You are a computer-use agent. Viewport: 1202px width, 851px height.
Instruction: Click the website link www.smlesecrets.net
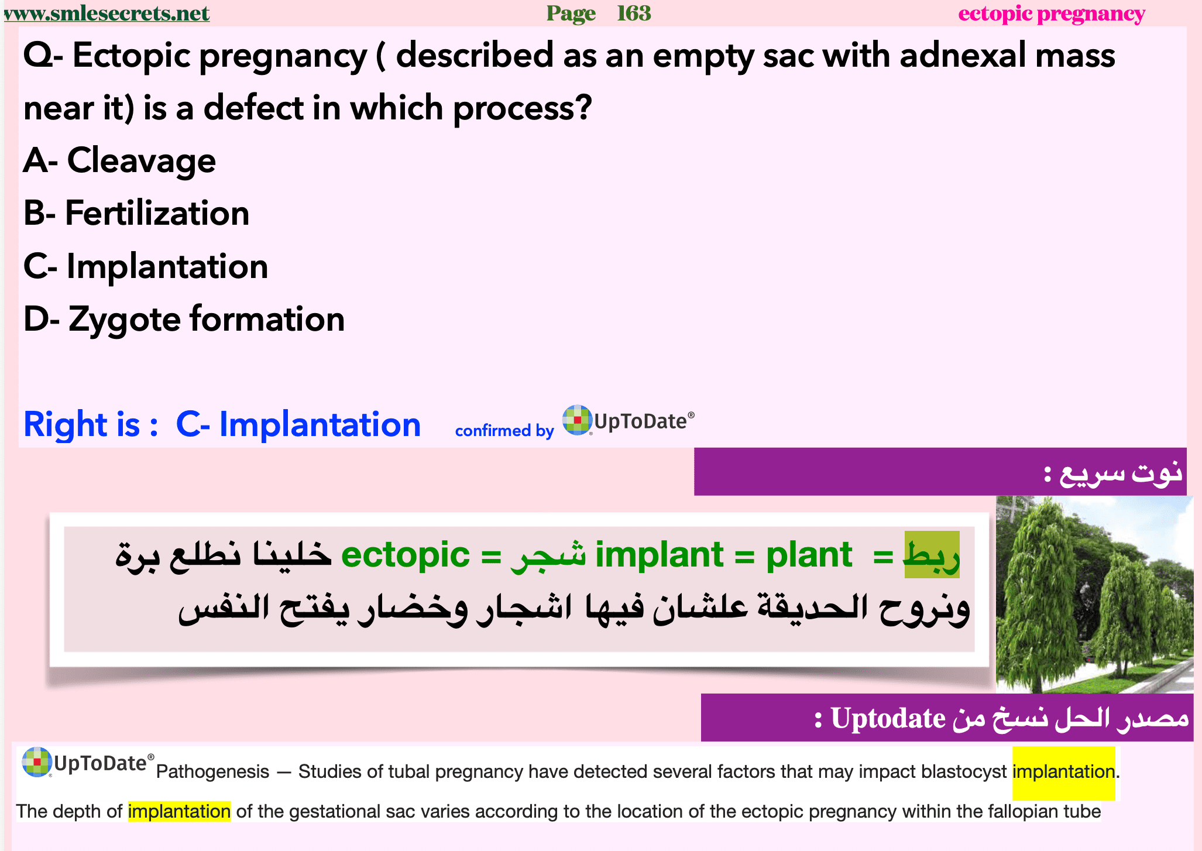tap(106, 13)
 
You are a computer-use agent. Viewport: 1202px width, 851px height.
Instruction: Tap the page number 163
tap(634, 13)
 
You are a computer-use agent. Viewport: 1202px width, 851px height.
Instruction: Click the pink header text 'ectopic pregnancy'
tap(1052, 13)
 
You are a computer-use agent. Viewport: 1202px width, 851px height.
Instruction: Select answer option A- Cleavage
tap(119, 160)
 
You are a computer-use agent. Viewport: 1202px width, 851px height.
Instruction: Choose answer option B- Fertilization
tap(136, 213)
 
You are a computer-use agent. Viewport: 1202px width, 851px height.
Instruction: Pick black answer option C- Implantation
tap(146, 267)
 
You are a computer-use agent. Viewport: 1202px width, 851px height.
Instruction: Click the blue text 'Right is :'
tap(91, 424)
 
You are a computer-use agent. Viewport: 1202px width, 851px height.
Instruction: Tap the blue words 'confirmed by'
tap(504, 431)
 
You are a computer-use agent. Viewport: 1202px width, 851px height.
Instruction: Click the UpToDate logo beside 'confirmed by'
tap(629, 420)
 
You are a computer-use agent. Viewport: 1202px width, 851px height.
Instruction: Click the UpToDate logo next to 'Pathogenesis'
tap(88, 762)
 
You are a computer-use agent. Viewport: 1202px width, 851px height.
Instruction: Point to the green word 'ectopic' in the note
tap(405, 555)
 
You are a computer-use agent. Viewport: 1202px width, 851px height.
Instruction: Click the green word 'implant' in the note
tap(660, 555)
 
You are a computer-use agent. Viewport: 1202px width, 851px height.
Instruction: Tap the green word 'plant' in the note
tap(809, 555)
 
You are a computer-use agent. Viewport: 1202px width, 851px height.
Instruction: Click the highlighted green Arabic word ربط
tap(932, 555)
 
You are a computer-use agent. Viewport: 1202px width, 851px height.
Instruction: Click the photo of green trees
tap(1094, 594)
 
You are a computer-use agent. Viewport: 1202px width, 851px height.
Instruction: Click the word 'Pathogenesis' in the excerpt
tap(213, 772)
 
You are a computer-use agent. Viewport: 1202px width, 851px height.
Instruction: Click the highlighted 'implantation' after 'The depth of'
tap(179, 812)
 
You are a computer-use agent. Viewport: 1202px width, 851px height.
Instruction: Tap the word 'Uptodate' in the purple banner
tap(888, 719)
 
